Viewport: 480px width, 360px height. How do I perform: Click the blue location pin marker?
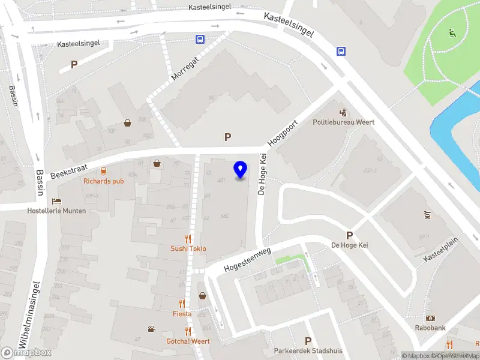coord(241,170)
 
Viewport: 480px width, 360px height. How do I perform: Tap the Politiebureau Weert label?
coord(344,122)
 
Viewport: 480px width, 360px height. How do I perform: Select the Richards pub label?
coord(104,181)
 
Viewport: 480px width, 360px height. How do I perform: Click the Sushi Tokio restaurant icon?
coord(188,238)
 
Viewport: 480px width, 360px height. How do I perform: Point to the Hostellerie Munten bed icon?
coord(56,201)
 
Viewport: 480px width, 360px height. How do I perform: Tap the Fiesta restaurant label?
coord(182,314)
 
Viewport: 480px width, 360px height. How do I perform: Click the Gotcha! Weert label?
coord(188,341)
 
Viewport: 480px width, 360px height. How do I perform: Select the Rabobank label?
coord(431,328)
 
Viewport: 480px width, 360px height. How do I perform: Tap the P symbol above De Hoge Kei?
coord(349,235)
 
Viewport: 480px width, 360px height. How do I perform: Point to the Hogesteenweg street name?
coord(247,259)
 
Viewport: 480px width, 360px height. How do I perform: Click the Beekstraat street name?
coord(65,170)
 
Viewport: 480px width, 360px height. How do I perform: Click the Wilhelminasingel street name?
coord(29,315)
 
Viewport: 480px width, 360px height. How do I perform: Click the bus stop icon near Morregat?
coord(199,40)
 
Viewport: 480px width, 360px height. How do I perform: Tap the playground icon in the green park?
coord(452,32)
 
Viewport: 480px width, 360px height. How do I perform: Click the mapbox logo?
coord(26,352)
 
